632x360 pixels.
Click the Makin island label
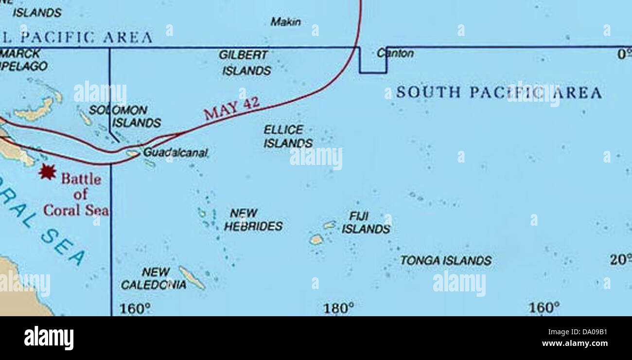tap(286, 22)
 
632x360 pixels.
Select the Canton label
tap(395, 54)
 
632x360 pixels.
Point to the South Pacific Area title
tap(498, 92)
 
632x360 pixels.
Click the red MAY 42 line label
tap(231, 108)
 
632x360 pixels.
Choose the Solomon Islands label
tap(126, 117)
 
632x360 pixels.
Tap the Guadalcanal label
tap(175, 153)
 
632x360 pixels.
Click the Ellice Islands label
tap(288, 136)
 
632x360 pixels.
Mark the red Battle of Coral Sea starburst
tap(47, 171)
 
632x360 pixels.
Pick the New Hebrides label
tap(253, 220)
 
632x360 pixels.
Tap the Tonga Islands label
tap(445, 261)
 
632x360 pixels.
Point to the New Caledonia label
tap(154, 278)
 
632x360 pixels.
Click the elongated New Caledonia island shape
tap(192, 278)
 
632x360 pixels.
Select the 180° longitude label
tap(339, 308)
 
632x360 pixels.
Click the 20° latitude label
tap(620, 260)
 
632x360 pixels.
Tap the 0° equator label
tap(624, 54)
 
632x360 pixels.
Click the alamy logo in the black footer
tap(49, 338)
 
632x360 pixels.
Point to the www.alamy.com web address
tap(576, 343)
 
